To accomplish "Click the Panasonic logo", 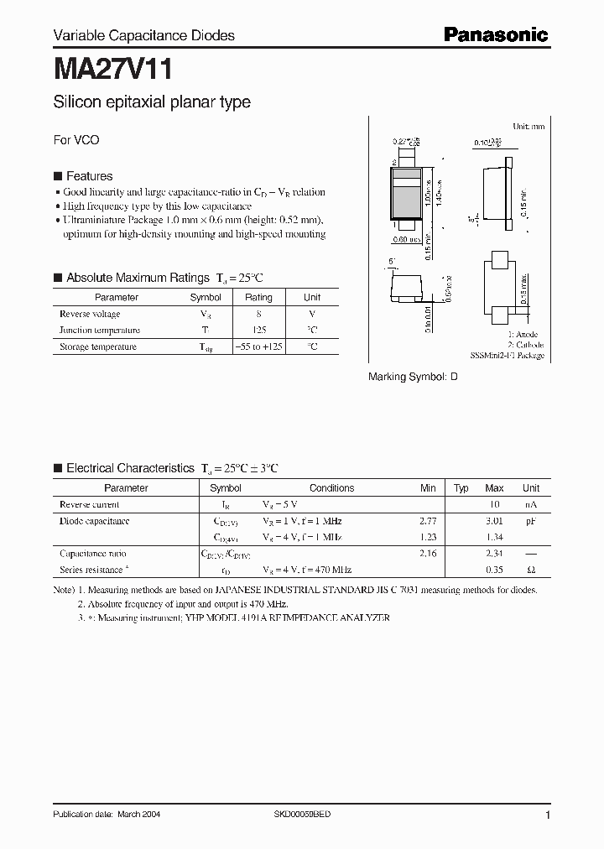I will (495, 34).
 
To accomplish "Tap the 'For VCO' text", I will (76, 140).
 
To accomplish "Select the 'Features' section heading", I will (89, 176).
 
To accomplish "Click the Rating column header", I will (258, 297).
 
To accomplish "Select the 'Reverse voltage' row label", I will (90, 314).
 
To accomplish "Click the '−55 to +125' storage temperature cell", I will (258, 346).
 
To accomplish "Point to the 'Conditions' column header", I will (331, 488).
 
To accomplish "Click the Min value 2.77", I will (428, 521).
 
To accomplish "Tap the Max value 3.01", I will (494, 521).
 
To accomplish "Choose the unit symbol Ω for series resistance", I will (530, 570).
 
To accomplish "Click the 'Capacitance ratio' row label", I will (93, 554).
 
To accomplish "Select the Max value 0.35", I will (494, 570).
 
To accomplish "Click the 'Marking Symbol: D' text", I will (413, 378).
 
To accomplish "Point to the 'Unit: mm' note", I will (528, 126).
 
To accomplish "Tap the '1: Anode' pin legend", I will (526, 335).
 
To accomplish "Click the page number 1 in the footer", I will (548, 815).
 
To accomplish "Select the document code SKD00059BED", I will (302, 815).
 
